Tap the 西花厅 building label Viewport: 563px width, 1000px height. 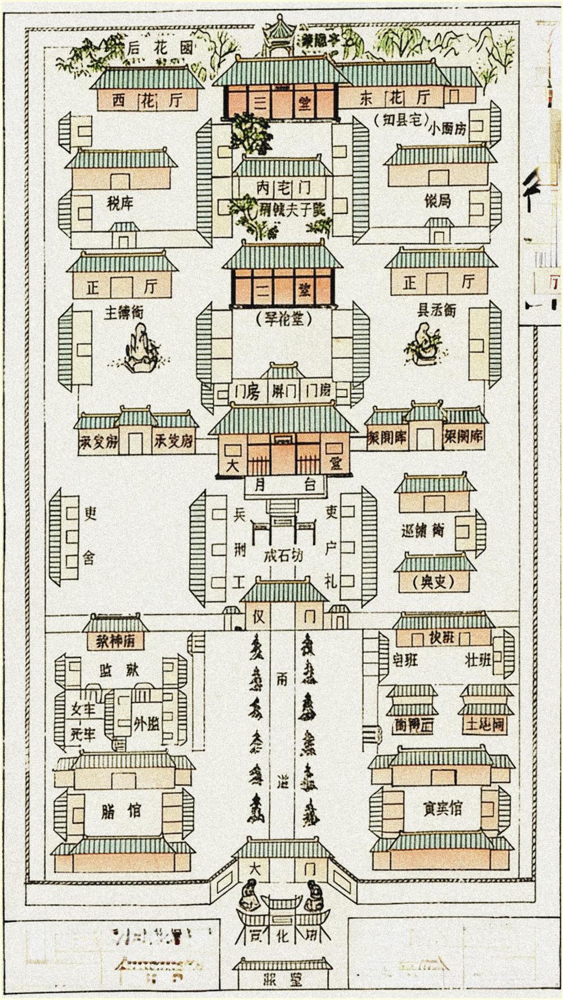[x=148, y=100]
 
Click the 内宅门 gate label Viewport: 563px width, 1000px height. [x=282, y=188]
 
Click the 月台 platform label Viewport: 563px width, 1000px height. [x=284, y=485]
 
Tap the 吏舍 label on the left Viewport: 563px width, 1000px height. [x=90, y=535]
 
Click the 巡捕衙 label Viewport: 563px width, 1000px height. [x=422, y=530]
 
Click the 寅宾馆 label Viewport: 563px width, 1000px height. [x=443, y=809]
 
